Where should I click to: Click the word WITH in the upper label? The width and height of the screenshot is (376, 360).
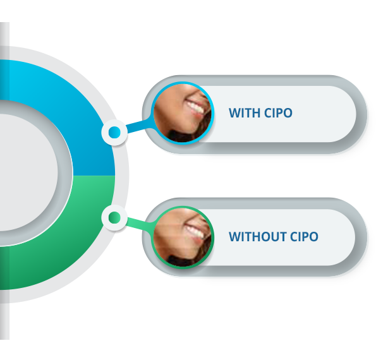tap(245, 112)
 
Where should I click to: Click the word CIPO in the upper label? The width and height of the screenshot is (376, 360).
tap(279, 112)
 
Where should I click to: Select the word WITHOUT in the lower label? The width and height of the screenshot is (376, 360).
tap(258, 237)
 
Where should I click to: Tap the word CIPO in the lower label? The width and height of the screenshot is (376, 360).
tap(305, 237)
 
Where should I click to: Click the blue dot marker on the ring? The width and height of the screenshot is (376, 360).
tap(114, 132)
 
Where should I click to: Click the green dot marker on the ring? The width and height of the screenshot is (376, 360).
tap(114, 217)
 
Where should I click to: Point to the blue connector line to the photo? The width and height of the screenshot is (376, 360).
tap(139, 125)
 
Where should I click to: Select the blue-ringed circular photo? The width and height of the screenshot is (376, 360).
tap(183, 113)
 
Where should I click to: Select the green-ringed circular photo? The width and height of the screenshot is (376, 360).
tap(183, 237)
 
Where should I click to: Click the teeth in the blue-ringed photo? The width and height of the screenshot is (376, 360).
tap(195, 107)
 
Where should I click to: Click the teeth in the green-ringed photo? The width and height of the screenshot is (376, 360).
tap(195, 231)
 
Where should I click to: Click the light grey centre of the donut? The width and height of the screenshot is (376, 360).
tap(27, 172)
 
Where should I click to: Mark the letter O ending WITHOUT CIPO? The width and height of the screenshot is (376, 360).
tap(313, 237)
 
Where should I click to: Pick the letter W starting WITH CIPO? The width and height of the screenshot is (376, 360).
tap(235, 112)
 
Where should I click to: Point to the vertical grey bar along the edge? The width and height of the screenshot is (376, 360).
tap(4, 181)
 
